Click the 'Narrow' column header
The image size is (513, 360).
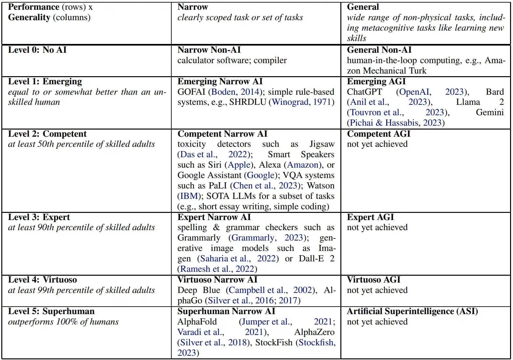pyautogui.click(x=193, y=7)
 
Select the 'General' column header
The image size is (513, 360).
pyautogui.click(x=363, y=7)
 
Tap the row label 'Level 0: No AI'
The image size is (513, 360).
pyautogui.click(x=37, y=50)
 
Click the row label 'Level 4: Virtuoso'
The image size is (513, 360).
pyautogui.click(x=42, y=280)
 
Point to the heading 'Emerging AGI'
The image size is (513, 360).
pyautogui.click(x=376, y=81)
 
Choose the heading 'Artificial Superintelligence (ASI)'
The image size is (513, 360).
pyautogui.click(x=412, y=311)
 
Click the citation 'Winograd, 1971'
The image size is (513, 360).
pyautogui.click(x=302, y=102)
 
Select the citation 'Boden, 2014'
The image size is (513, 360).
pyautogui.click(x=235, y=92)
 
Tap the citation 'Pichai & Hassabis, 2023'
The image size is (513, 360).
pyautogui.click(x=396, y=123)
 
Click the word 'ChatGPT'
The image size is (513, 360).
pyautogui.click(x=364, y=92)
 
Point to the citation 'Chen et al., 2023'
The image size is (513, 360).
pyautogui.click(x=265, y=186)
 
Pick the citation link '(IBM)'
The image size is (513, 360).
pyautogui.click(x=189, y=196)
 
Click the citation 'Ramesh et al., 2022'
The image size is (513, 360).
pyautogui.click(x=217, y=269)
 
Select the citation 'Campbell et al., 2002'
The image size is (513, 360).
pyautogui.click(x=271, y=290)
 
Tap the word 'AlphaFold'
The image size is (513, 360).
pyautogui.click(x=197, y=322)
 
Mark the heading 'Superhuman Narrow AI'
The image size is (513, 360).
pyautogui.click(x=226, y=311)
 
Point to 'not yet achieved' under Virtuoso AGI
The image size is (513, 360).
pyautogui.click(x=377, y=290)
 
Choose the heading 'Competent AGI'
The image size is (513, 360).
pyautogui.click(x=378, y=134)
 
